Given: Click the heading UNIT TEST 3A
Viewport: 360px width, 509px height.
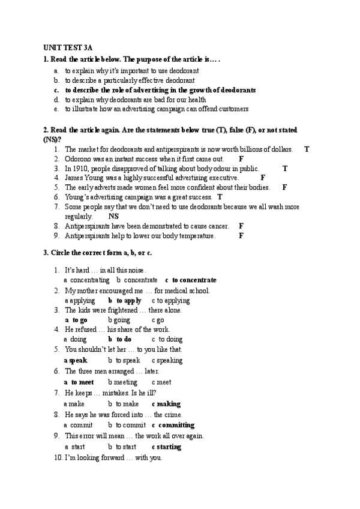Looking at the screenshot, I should (67, 46).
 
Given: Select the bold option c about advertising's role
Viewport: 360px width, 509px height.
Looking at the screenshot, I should (160, 90).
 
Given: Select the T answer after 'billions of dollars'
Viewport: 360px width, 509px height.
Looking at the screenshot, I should (307, 149).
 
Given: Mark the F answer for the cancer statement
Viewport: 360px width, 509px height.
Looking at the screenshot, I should (241, 226).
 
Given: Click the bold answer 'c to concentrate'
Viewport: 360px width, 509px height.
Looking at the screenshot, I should (191, 280).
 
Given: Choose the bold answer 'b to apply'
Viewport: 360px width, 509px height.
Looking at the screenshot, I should (125, 300).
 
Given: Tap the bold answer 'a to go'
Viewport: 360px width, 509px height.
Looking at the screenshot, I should (76, 320).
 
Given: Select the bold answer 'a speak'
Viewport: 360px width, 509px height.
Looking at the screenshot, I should (76, 361).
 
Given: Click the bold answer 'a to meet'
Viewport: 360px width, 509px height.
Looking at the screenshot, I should (79, 382).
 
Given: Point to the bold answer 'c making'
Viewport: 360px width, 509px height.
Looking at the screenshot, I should (166, 404).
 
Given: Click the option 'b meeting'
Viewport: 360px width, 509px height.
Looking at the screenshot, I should (123, 382).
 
